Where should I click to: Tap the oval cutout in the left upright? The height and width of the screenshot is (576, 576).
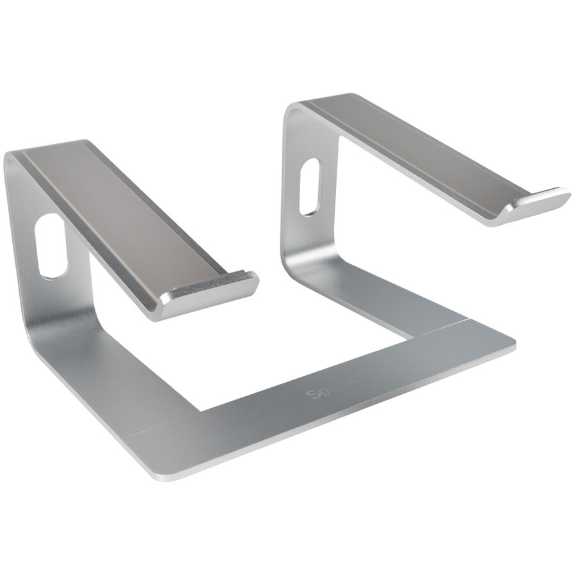(52, 246)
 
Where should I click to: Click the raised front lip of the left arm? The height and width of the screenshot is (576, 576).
(211, 288)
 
